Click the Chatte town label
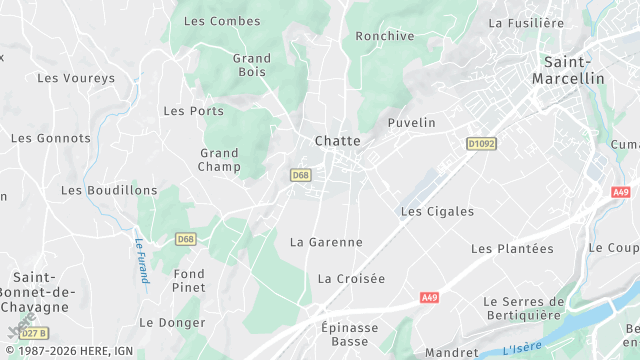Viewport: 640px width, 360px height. [337, 141]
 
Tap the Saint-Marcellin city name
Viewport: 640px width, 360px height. [568, 69]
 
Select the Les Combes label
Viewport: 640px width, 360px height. [222, 21]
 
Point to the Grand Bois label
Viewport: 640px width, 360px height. [252, 65]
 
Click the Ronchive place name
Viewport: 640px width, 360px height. [385, 36]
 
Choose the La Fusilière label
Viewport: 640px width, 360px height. [526, 22]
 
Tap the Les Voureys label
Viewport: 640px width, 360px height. [76, 78]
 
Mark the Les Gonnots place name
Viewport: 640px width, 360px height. [50, 138]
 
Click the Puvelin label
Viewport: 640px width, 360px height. [411, 123]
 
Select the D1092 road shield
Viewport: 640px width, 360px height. [481, 144]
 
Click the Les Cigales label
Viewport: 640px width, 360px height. [430, 212]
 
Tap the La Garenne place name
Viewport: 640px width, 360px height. [326, 242]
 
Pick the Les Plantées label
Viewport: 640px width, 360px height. [512, 249]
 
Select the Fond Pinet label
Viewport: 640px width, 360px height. [189, 280]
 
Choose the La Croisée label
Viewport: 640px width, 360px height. [351, 279]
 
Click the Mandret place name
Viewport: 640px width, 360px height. [451, 352]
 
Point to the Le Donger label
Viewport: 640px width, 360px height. [172, 323]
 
